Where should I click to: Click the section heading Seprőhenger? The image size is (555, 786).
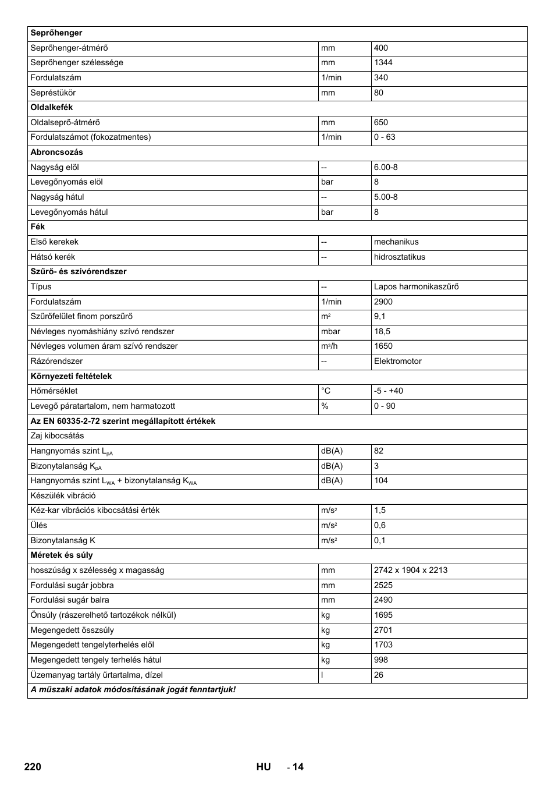click(x=56, y=33)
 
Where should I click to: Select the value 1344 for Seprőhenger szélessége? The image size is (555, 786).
click(x=383, y=63)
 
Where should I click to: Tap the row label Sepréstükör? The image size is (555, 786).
click(x=53, y=93)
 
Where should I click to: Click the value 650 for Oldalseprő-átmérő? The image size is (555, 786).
click(x=381, y=122)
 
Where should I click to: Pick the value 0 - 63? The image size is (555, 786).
click(x=385, y=137)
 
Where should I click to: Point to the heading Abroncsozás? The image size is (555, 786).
click(x=56, y=153)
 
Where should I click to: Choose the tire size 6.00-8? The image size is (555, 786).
click(x=386, y=167)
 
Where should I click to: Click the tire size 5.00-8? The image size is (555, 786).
click(x=386, y=197)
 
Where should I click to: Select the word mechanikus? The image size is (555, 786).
click(x=396, y=242)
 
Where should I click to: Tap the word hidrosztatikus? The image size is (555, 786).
click(x=399, y=257)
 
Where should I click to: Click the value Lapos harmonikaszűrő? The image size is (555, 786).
click(x=416, y=286)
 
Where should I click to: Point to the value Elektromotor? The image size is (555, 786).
click(x=397, y=361)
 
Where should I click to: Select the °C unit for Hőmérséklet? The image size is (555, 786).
click(x=326, y=391)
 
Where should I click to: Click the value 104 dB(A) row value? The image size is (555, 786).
click(x=381, y=480)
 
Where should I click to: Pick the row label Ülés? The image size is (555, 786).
click(x=39, y=525)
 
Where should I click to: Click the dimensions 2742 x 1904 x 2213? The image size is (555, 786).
click(x=411, y=570)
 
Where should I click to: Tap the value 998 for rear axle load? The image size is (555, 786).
click(x=381, y=660)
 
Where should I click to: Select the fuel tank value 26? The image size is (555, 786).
click(x=379, y=675)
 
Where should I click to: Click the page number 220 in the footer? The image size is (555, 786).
click(x=33, y=767)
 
